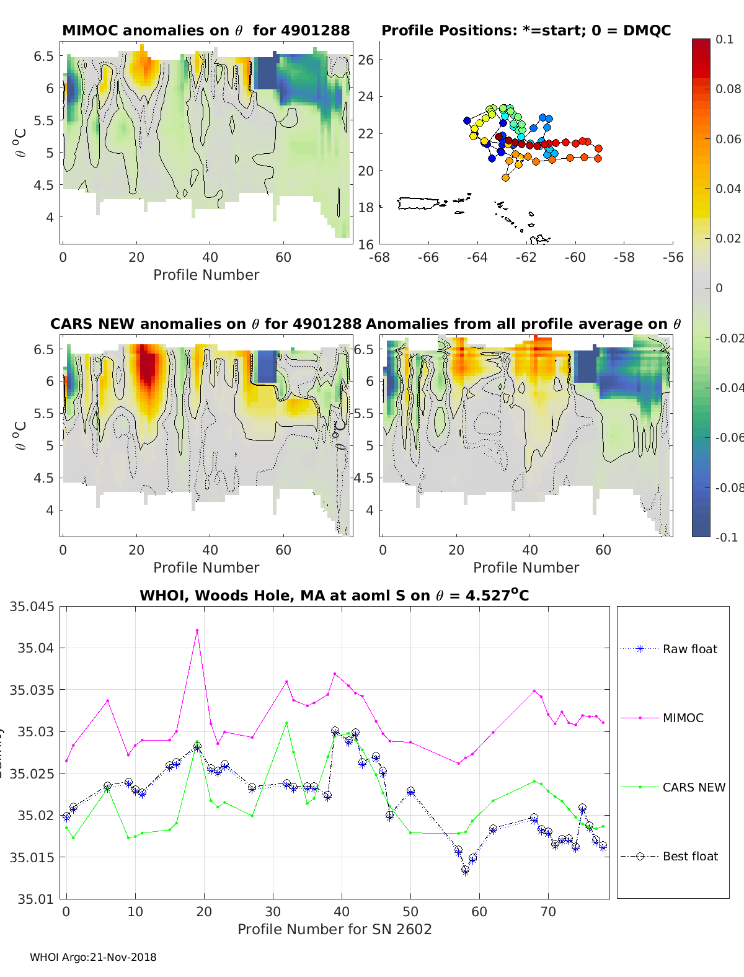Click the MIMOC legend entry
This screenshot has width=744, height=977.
(x=683, y=718)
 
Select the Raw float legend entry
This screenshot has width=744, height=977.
(x=689, y=649)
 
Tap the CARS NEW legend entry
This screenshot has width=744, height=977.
(x=693, y=787)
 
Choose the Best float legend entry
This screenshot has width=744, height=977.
(x=689, y=856)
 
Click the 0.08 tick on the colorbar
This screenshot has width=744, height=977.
(x=728, y=89)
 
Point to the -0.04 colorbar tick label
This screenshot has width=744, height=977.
(x=729, y=388)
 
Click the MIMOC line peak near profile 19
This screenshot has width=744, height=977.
(x=197, y=630)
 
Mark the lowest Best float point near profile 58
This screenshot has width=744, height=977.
(x=465, y=870)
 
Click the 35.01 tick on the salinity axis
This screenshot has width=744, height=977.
(x=35, y=899)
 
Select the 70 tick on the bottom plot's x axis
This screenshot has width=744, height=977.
(x=548, y=911)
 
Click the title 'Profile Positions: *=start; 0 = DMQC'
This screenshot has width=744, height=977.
(x=526, y=30)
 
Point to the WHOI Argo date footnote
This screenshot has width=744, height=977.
(x=93, y=957)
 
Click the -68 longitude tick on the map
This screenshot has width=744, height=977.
(x=379, y=257)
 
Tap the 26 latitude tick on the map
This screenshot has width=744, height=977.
(x=366, y=60)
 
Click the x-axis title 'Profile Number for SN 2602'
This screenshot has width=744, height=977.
(x=334, y=929)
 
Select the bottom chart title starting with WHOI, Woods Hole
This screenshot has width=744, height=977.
(x=334, y=596)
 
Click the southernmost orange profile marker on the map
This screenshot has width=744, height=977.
(x=505, y=178)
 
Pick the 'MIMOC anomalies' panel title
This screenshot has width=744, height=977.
(x=206, y=30)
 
